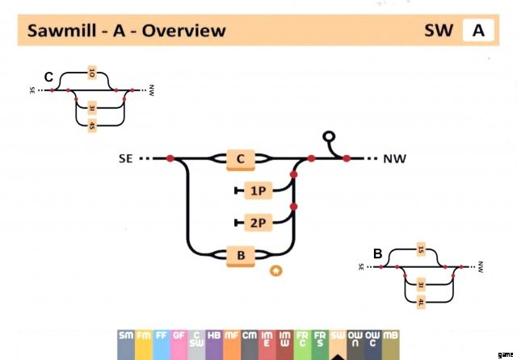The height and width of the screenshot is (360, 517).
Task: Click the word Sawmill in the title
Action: [x=61, y=31]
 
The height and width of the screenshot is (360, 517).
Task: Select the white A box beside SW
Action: [x=478, y=31]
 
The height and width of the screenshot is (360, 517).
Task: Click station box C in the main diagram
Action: [x=240, y=159]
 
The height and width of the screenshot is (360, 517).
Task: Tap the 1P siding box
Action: [x=258, y=190]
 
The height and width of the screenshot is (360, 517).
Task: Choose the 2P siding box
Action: [x=258, y=222]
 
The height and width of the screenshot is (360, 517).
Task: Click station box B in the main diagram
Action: [x=240, y=256]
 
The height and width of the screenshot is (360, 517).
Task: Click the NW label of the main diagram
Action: [x=395, y=159]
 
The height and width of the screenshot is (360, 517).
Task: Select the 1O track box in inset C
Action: [x=92, y=74]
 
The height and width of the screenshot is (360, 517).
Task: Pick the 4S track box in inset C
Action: [x=92, y=124]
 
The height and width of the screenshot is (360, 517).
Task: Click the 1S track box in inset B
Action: [x=421, y=249]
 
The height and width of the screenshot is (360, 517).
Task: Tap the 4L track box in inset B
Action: [x=421, y=302]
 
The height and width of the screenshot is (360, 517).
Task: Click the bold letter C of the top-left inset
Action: [x=48, y=77]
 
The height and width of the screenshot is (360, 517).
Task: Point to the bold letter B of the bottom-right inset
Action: [x=377, y=253]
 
